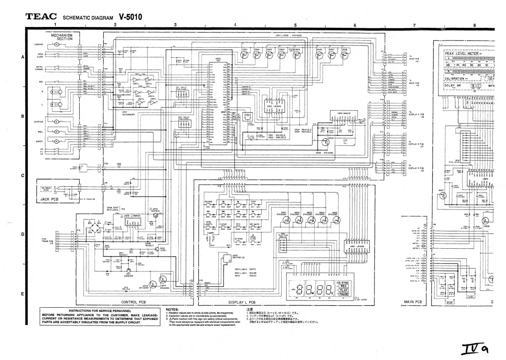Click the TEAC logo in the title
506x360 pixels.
[41, 17]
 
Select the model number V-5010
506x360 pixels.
[130, 17]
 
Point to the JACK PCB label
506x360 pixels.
[48, 197]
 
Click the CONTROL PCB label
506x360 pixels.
[133, 302]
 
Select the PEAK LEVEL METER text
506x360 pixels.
[462, 54]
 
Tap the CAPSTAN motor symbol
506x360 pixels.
[57, 121]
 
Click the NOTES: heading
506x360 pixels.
[172, 309]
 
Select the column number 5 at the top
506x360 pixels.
[295, 25]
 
